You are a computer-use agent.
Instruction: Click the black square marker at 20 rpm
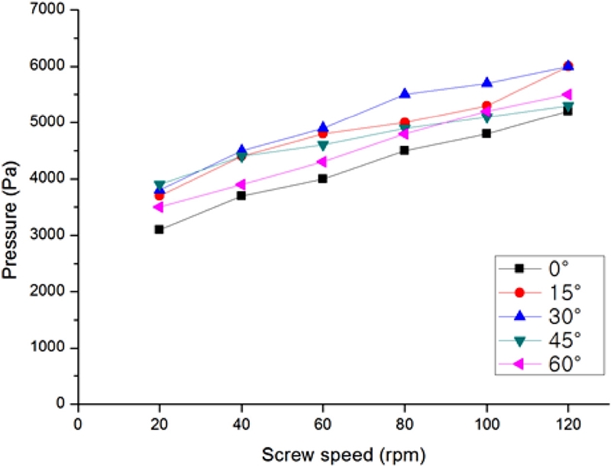[159, 229]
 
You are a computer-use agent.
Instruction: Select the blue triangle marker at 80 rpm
[404, 94]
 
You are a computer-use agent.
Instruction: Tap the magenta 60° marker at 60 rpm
[322, 162]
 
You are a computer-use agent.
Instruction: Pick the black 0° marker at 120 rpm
[567, 111]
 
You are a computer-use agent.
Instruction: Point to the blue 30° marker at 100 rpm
[486, 83]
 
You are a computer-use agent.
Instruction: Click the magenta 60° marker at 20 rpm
[159, 206]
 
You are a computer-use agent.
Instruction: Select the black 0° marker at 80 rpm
[404, 150]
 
